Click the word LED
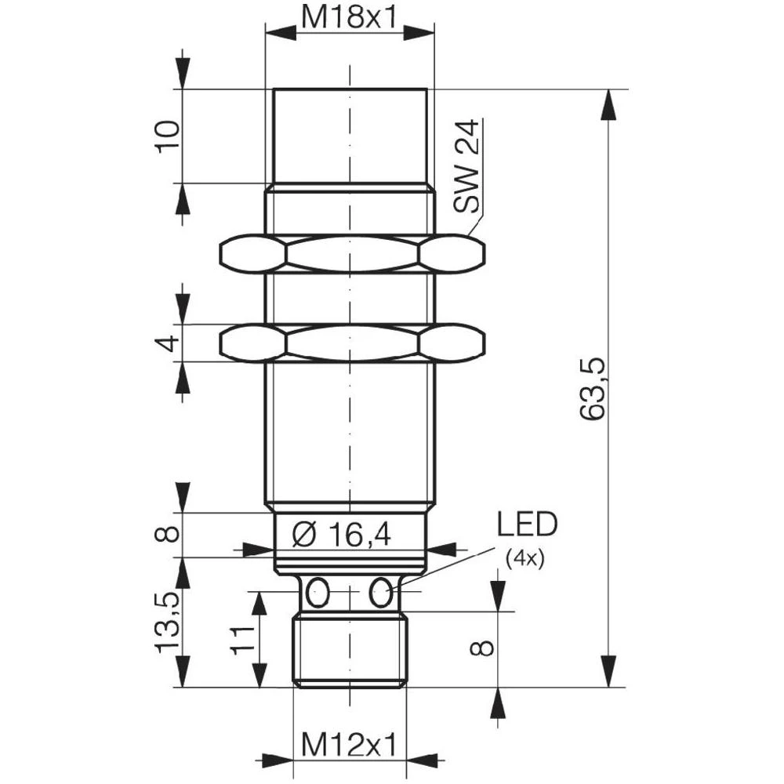pyautogui.click(x=525, y=524)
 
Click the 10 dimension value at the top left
pyautogui.click(x=168, y=137)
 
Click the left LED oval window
pyautogui.click(x=318, y=592)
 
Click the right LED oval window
pyautogui.click(x=382, y=592)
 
